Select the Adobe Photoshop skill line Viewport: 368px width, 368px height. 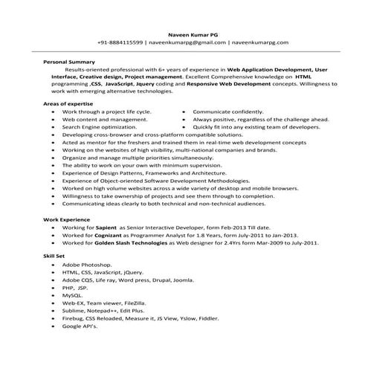87,265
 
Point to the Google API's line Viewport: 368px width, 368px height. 81,326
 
